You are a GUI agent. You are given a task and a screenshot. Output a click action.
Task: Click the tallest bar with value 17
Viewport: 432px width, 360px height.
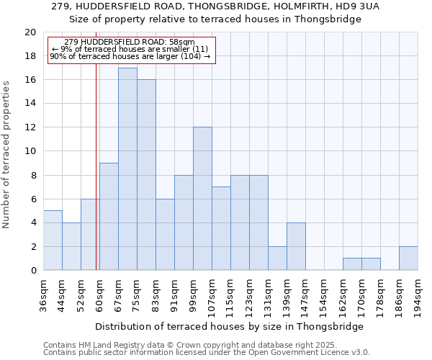pos(127,169)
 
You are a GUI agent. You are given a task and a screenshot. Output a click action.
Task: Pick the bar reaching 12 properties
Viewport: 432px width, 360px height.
pos(202,199)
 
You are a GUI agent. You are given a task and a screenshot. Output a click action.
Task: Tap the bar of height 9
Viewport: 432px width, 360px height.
pos(109,217)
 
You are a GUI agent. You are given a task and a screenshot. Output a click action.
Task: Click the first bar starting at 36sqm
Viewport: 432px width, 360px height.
pos(53,240)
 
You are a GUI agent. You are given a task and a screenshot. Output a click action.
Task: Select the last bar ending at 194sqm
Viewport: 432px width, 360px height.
pos(408,258)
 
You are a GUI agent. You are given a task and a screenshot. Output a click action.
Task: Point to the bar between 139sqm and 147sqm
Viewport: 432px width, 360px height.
pos(296,246)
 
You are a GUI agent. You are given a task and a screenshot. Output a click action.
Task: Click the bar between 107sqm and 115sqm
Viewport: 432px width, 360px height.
pos(221,228)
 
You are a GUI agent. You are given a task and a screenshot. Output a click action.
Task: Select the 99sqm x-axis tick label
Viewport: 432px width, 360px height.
pos(194,293)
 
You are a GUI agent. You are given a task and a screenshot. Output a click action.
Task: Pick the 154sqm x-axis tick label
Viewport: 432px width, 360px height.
pos(324,293)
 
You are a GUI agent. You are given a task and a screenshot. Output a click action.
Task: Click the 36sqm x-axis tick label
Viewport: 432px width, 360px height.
pos(44,293)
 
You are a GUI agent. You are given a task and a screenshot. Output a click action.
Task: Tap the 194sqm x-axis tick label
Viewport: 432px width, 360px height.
pos(418,293)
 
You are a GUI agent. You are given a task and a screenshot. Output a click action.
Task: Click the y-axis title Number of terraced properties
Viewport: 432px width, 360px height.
pos(7,155)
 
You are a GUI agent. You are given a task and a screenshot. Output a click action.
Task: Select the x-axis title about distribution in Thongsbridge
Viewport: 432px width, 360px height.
pos(230,326)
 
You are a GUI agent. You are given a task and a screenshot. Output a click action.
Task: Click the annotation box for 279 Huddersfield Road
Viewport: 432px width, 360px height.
pos(131,50)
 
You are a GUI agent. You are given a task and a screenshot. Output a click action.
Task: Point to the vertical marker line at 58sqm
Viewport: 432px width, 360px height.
pos(96,180)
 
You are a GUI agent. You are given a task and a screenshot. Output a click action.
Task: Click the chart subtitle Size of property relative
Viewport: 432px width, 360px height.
pos(226,19)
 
